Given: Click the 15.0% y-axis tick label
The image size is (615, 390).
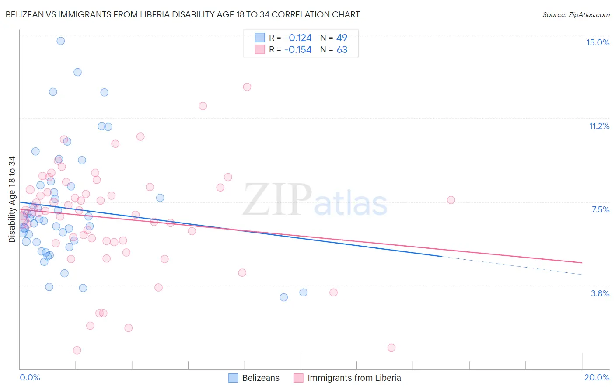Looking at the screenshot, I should tap(598, 42).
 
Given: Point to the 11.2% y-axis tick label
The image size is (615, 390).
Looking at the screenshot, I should tap(599, 126).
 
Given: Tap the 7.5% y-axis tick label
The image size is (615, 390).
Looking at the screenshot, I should tap(600, 209).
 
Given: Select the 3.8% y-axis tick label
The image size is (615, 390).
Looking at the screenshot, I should tap(600, 293).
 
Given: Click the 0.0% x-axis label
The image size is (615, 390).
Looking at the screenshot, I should tap(30, 377).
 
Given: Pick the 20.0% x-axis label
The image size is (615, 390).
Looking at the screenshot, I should tap(597, 377).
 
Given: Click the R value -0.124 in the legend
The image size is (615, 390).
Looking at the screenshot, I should tap(297, 38).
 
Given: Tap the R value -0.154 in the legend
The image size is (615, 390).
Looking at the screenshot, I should tap(297, 50).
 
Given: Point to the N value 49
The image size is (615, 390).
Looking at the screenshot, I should tap(342, 38).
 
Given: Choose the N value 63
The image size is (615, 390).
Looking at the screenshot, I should tap(342, 50).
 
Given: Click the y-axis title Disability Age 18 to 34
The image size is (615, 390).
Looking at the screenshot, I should tap(12, 199).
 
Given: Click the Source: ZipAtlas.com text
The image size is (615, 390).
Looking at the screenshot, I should tap(576, 15).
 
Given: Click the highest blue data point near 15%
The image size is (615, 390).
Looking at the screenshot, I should tap(61, 41).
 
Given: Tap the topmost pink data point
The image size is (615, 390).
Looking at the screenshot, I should tap(247, 87).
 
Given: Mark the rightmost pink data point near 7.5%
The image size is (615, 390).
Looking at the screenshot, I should tap(451, 200).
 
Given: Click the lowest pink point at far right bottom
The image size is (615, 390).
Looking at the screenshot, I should tap(391, 348).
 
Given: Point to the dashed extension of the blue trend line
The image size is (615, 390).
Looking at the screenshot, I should tap(512, 265).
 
